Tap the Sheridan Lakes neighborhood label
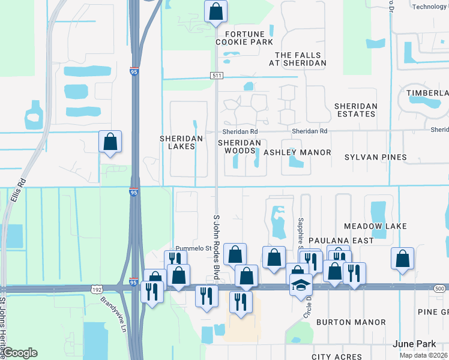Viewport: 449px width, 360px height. pyautogui.click(x=177, y=142)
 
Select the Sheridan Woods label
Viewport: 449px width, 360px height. pyautogui.click(x=240, y=146)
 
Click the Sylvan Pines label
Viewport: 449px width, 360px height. pyautogui.click(x=375, y=157)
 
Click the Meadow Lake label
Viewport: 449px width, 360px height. pyautogui.click(x=375, y=226)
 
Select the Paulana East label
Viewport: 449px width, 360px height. pyautogui.click(x=341, y=241)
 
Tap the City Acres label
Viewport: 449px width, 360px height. pyautogui.click(x=337, y=357)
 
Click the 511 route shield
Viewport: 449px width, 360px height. pyautogui.click(x=217, y=75)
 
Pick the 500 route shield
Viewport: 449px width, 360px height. pyautogui.click(x=439, y=289)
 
